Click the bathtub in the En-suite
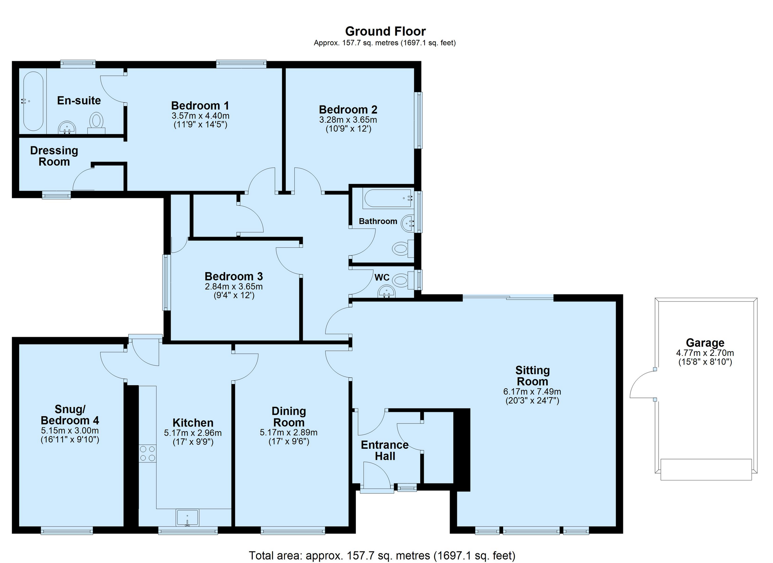pos(33,101)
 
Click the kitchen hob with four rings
pos(148,453)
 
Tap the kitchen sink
pos(187,518)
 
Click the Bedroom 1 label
pos(200,105)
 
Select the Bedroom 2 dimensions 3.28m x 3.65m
pos(348,120)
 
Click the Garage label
pos(705,343)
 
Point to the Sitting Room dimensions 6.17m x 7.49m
pos(532,391)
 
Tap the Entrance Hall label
pos(385,450)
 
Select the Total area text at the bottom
pos(382,555)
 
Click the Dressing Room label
pos(54,156)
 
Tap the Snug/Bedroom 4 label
pos(70,415)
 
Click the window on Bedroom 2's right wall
pos(419,120)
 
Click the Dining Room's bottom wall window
pos(293,530)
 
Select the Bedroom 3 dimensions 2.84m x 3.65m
pos(234,286)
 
